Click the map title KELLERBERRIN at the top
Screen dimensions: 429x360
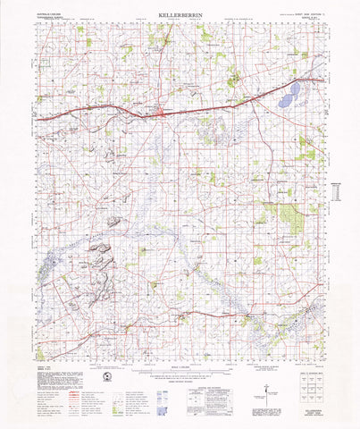180,15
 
